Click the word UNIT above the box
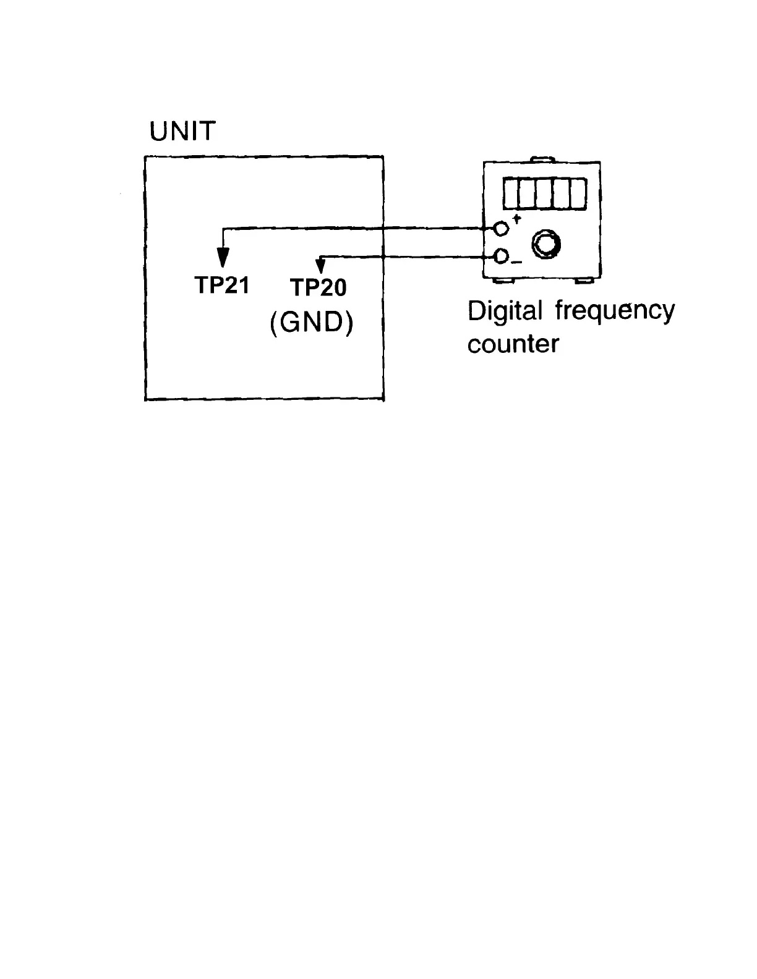pyautogui.click(x=182, y=131)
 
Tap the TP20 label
pyautogui.click(x=319, y=287)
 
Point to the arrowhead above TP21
pyautogui.click(x=223, y=256)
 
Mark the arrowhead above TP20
pyautogui.click(x=320, y=266)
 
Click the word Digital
pyautogui.click(x=505, y=311)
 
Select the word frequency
pyautogui.click(x=615, y=311)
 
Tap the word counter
pyautogui.click(x=513, y=344)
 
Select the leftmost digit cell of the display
pyautogui.click(x=511, y=193)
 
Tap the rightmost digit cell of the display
pyautogui.click(x=578, y=193)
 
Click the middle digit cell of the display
pyautogui.click(x=544, y=193)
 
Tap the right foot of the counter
pyautogui.click(x=584, y=282)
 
